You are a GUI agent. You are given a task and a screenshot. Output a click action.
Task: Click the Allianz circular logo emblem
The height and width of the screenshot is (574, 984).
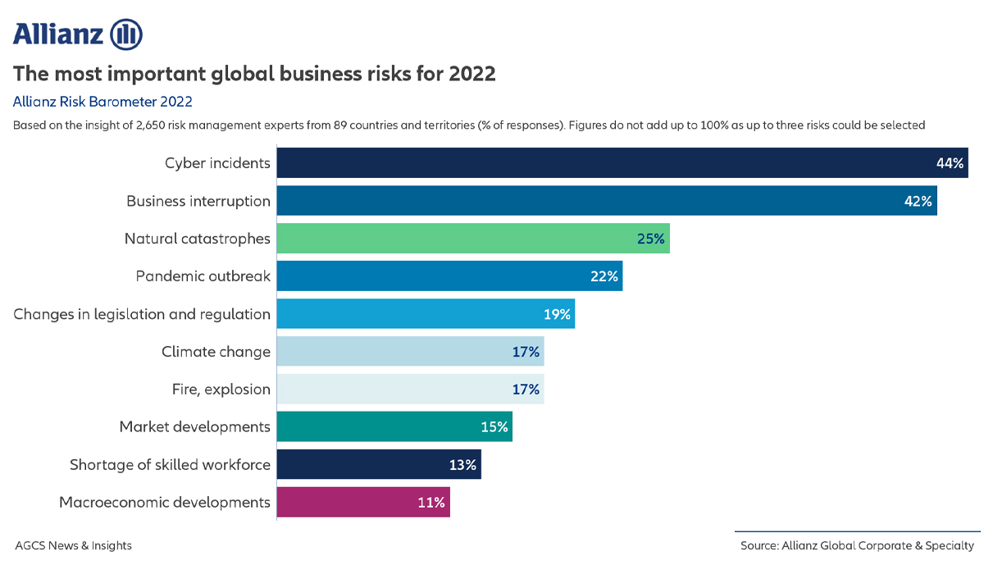(126, 34)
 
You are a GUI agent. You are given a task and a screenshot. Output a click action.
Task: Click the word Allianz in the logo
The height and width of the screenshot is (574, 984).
(57, 34)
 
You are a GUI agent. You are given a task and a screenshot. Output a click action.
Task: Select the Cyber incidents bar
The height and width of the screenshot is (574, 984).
(607, 162)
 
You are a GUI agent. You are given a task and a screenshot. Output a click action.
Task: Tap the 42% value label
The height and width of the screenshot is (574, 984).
(918, 201)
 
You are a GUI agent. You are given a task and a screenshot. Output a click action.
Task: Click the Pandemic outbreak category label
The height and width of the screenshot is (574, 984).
(203, 276)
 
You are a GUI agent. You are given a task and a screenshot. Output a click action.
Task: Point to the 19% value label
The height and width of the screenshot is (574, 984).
(556, 314)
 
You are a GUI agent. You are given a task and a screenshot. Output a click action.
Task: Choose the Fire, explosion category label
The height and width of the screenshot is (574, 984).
(221, 389)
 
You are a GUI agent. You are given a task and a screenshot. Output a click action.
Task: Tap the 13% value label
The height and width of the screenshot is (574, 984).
(462, 465)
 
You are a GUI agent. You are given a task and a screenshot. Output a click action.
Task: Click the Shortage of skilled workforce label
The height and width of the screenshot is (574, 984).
(170, 465)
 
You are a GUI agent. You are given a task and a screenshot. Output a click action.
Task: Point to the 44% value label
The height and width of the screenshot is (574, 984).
(950, 163)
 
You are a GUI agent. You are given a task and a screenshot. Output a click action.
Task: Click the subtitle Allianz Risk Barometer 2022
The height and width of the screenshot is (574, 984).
(102, 102)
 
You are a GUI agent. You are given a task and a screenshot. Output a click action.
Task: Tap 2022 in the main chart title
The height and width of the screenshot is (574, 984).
(471, 74)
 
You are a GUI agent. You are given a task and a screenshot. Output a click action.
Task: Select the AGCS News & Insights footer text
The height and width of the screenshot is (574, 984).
(73, 545)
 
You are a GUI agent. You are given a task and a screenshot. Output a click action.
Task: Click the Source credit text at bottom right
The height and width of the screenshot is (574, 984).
(857, 545)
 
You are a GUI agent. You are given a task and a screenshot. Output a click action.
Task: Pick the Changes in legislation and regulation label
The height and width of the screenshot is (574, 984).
(142, 314)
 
